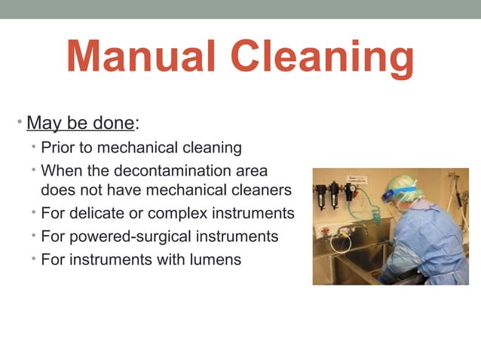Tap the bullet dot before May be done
[21, 122]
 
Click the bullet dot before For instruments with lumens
[35, 259]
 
